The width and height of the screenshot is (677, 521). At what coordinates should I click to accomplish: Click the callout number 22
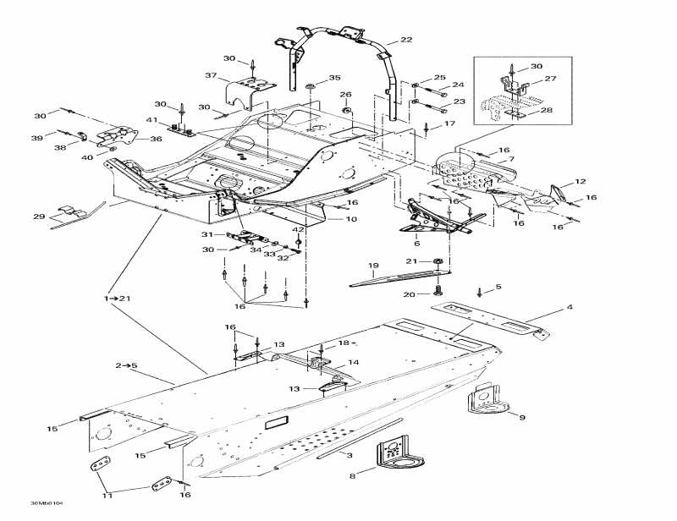click(x=406, y=40)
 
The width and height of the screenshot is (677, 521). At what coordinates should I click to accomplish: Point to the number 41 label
click(x=153, y=120)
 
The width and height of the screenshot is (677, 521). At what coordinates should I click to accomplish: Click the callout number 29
click(x=39, y=217)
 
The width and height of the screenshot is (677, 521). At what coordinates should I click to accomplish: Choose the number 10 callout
click(x=351, y=219)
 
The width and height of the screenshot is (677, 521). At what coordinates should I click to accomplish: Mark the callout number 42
click(x=298, y=229)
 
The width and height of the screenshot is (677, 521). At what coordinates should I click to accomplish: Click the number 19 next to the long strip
click(x=373, y=266)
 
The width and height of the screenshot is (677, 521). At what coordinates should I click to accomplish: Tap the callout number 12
click(x=580, y=182)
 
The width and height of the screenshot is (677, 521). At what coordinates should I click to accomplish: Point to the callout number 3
click(x=350, y=456)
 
